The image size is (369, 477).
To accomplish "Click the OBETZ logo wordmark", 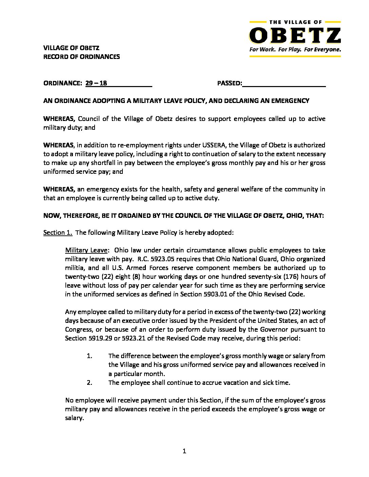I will coord(295,35).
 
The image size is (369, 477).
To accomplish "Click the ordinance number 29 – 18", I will coord(96,83).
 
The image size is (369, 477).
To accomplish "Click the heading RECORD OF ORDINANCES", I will coord(81,57).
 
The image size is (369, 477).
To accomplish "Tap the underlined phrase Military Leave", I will coord(86,250).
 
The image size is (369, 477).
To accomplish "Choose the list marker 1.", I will coord(90,356).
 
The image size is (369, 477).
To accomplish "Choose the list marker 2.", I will coord(90,382).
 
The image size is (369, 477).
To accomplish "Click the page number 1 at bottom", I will coord(184,451).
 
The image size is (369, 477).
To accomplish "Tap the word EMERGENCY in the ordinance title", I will coord(290,101).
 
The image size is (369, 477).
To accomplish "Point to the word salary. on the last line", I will coord(74,418).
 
